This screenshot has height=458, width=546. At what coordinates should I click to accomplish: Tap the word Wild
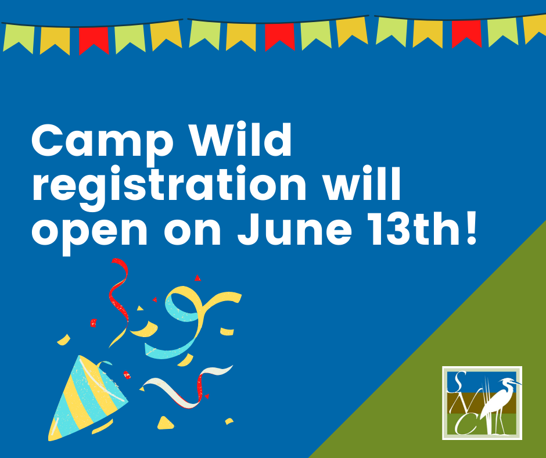point(241,139)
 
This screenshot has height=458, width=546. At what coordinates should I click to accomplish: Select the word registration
point(169,187)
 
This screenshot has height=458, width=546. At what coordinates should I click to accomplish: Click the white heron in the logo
point(498,405)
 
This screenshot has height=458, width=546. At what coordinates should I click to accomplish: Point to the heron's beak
point(517,384)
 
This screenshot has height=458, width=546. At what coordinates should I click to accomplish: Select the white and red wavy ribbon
point(187,387)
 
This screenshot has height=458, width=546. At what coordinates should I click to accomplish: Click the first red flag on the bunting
point(94,41)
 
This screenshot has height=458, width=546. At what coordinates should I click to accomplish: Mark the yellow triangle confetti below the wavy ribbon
point(165,423)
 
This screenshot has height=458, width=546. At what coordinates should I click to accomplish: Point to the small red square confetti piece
point(94,323)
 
